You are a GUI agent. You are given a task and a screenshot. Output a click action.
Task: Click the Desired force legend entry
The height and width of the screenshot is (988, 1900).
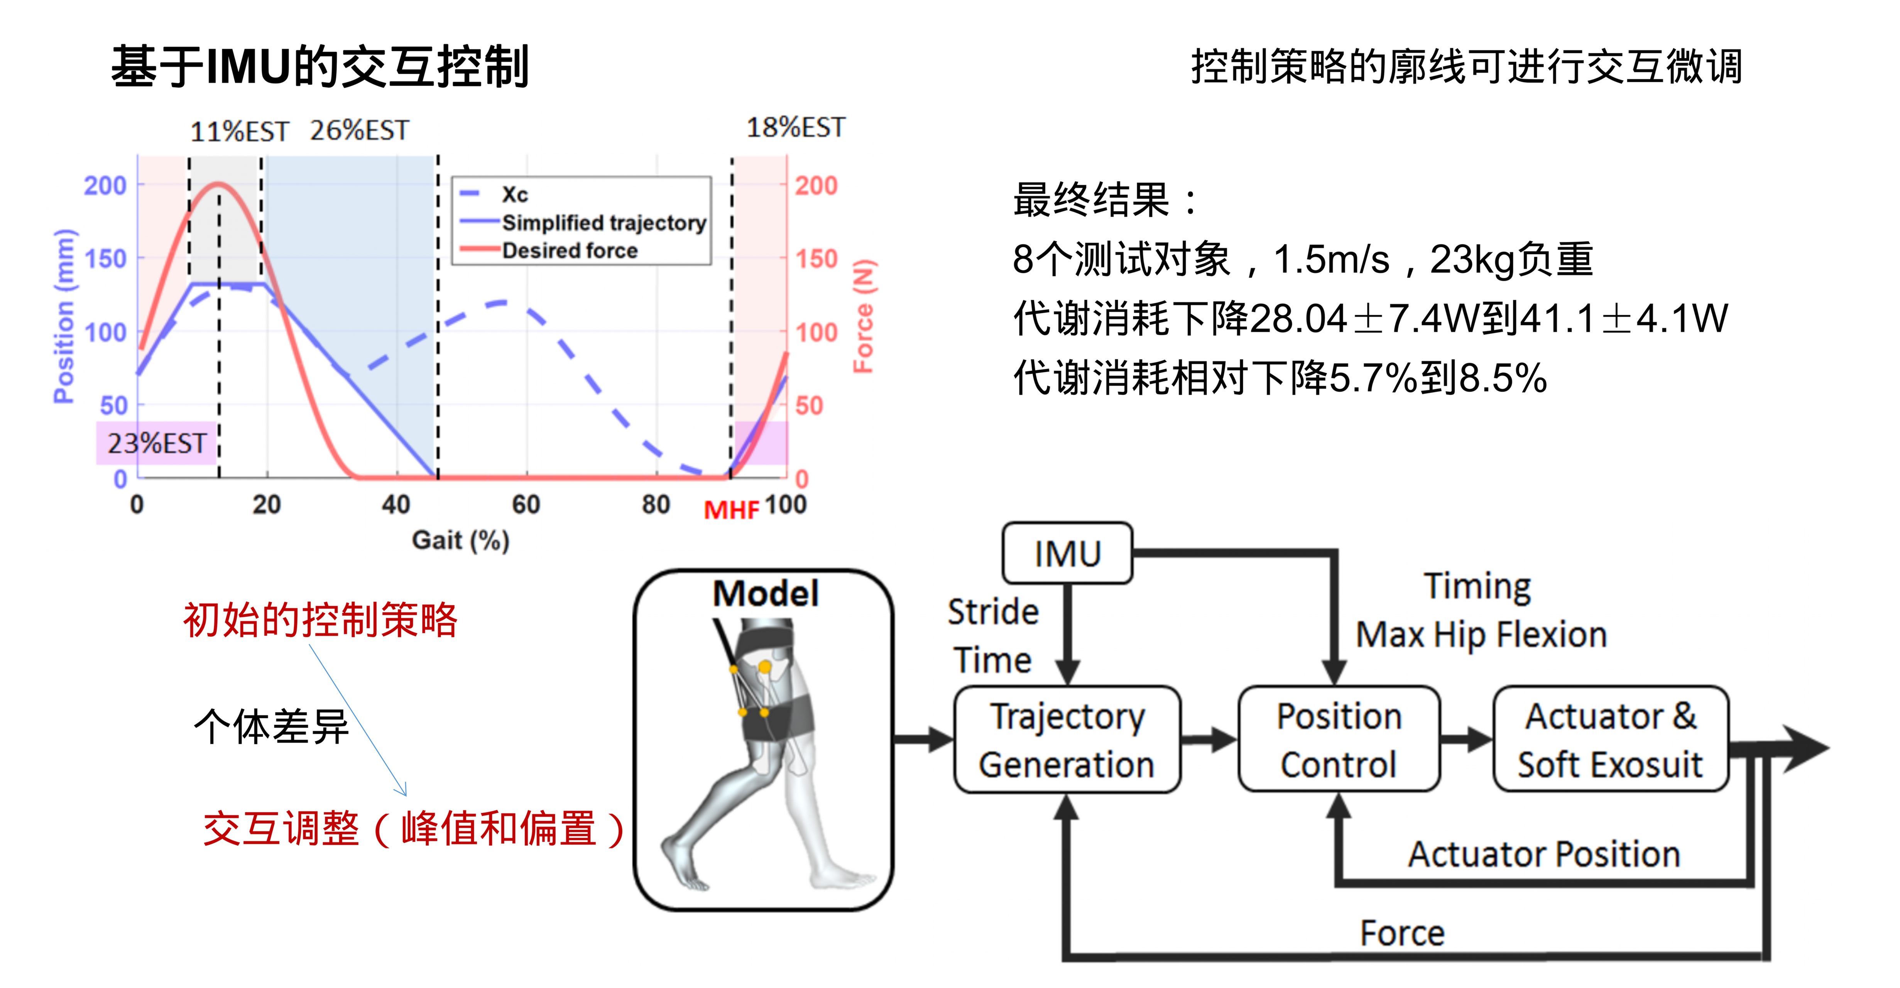pos(570,251)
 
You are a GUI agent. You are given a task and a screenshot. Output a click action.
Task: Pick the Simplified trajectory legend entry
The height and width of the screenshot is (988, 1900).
pos(603,223)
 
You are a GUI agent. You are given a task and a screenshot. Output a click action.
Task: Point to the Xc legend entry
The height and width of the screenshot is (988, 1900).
pos(515,195)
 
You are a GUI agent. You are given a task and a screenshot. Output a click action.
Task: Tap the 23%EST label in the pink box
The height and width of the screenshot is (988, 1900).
pos(156,443)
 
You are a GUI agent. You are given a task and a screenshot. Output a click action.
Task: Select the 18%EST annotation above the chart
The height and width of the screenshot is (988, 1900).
pos(796,128)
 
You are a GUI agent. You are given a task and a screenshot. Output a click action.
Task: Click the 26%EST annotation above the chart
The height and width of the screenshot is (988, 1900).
pos(359,130)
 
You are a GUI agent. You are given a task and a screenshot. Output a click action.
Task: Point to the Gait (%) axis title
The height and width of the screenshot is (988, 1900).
pos(460,540)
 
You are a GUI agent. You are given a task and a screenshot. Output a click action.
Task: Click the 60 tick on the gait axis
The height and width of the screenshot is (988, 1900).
pos(526,505)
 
